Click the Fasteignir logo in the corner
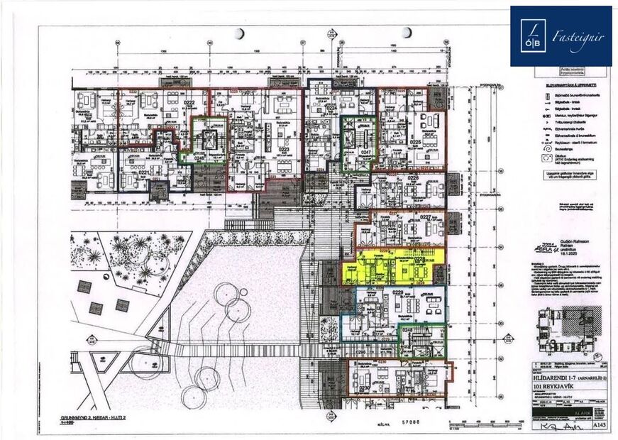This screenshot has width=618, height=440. [561, 35]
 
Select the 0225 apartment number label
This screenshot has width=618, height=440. [415, 142]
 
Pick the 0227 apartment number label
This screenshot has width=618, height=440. [426, 217]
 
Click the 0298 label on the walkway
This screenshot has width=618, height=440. [360, 352]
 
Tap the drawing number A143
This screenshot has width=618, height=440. [600, 425]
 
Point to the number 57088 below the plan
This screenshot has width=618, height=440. [411, 422]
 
